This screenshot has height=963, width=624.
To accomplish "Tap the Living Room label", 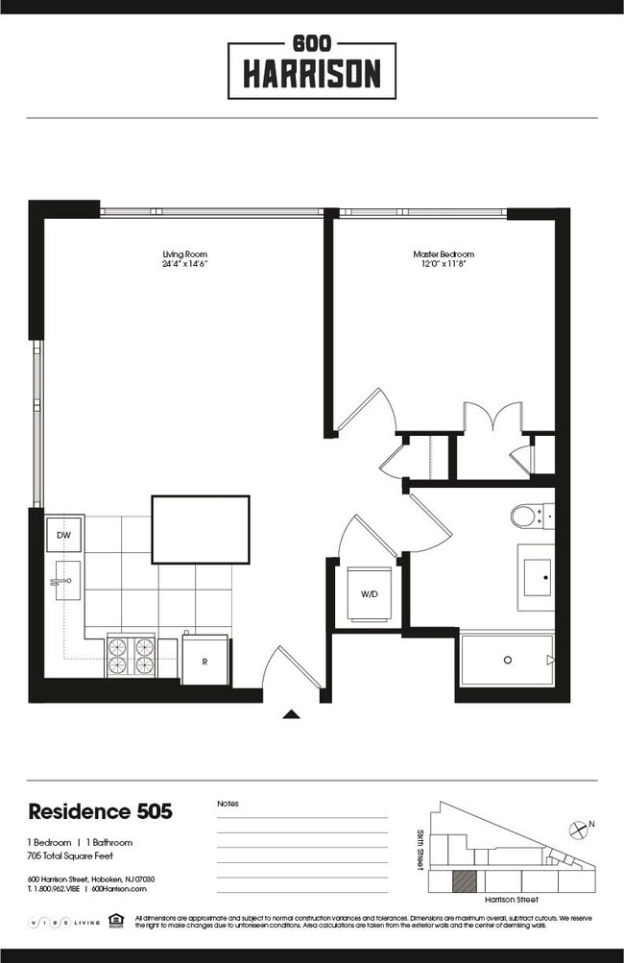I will pyautogui.click(x=185, y=254).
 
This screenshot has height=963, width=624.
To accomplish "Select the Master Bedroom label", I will pyautogui.click(x=444, y=254).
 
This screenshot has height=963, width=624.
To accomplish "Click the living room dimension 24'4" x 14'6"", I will pyautogui.click(x=185, y=264).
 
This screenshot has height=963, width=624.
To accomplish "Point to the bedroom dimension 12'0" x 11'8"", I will pyautogui.click(x=444, y=264).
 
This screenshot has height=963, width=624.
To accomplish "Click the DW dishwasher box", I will pyautogui.click(x=63, y=534).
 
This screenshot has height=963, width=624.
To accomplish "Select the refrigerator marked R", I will pyautogui.click(x=204, y=662).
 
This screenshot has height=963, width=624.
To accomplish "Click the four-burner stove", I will pyautogui.click(x=130, y=655).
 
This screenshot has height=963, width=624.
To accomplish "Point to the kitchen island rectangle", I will pyautogui.click(x=201, y=529).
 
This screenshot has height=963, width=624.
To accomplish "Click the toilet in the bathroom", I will pyautogui.click(x=526, y=517).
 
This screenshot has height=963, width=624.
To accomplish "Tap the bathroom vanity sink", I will pyautogui.click(x=536, y=577).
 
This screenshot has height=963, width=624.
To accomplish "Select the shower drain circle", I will pyautogui.click(x=507, y=660).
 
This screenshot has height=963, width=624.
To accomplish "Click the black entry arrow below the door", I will pyautogui.click(x=292, y=713).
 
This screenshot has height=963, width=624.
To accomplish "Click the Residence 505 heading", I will pyautogui.click(x=101, y=811).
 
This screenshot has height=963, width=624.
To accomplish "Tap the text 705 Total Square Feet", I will pyautogui.click(x=67, y=854).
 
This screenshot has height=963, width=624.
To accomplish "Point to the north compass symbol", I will pyautogui.click(x=578, y=829).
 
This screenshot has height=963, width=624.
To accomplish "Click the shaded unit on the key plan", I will pyautogui.click(x=464, y=880).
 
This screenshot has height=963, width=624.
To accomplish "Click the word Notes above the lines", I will pyautogui.click(x=228, y=804).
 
